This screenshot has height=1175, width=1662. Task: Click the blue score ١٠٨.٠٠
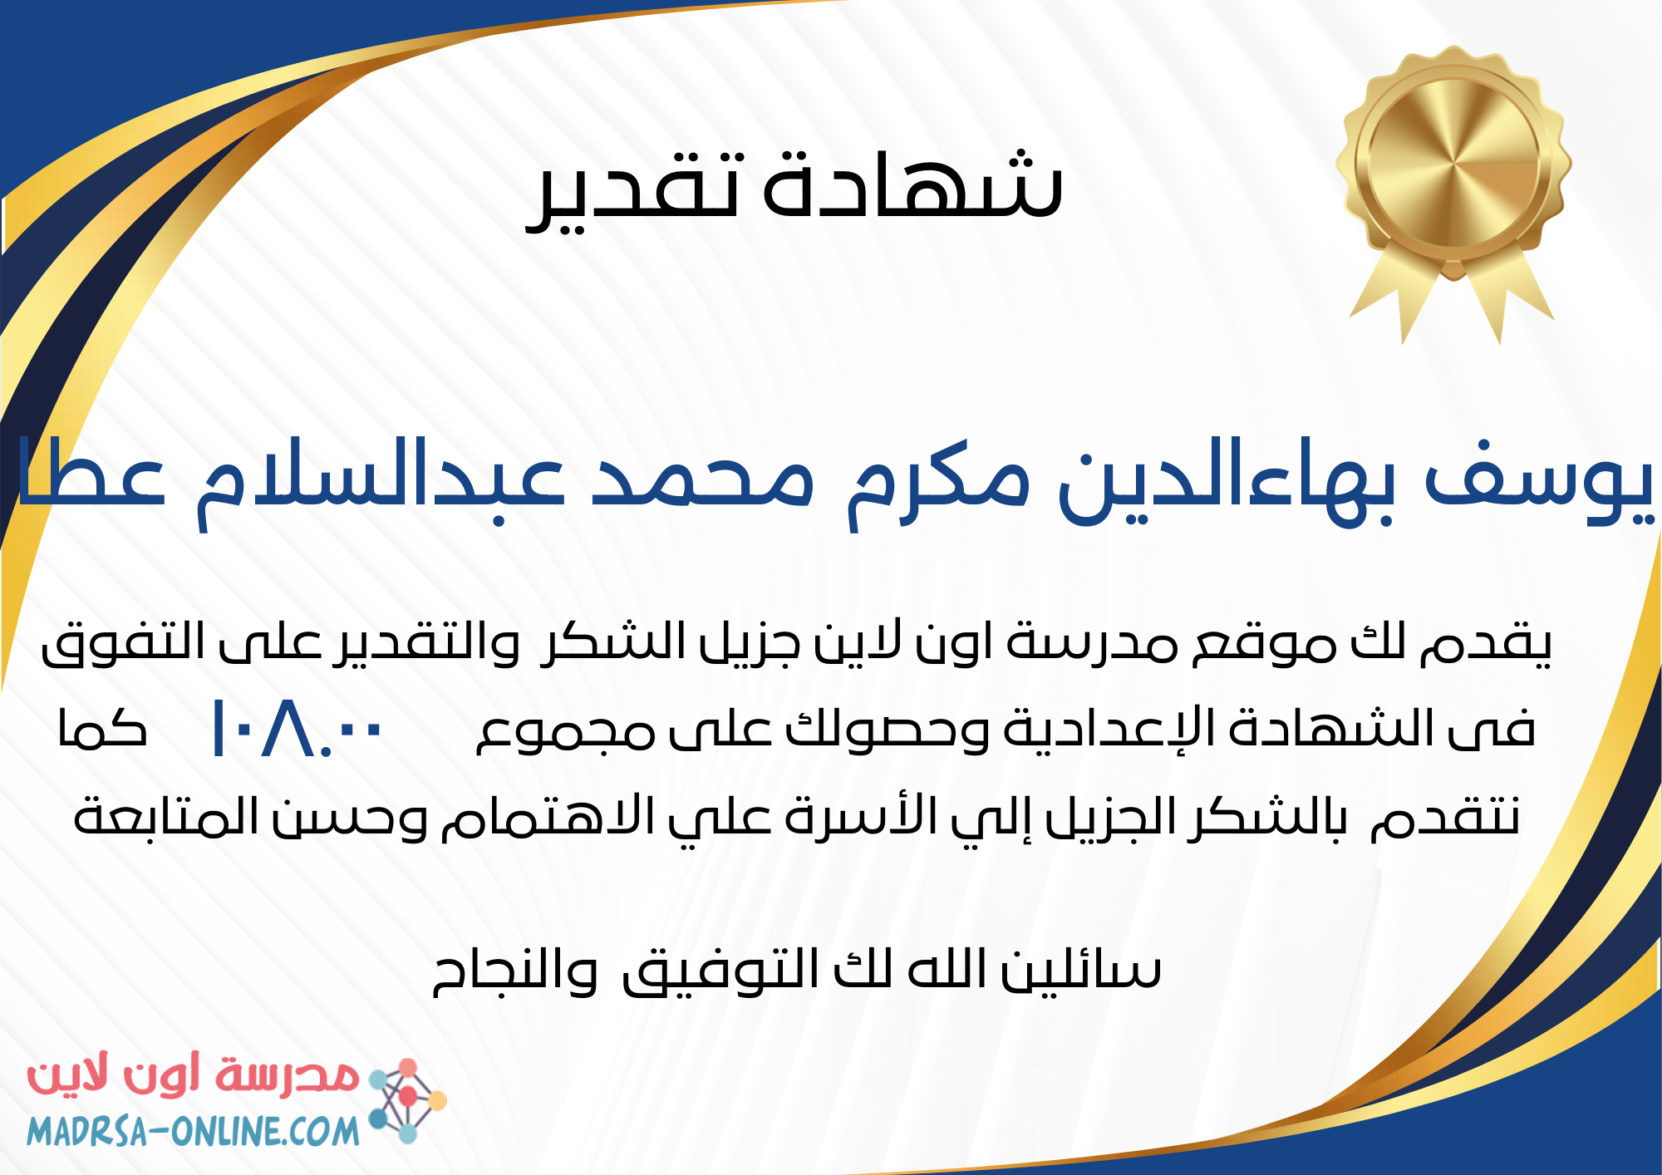pos(296,729)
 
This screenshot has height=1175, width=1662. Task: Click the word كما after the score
pos(102,729)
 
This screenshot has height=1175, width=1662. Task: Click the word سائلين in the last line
pos(1079,969)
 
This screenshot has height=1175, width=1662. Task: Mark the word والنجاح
pos(514,971)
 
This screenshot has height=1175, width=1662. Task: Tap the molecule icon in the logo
pos(406,1099)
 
